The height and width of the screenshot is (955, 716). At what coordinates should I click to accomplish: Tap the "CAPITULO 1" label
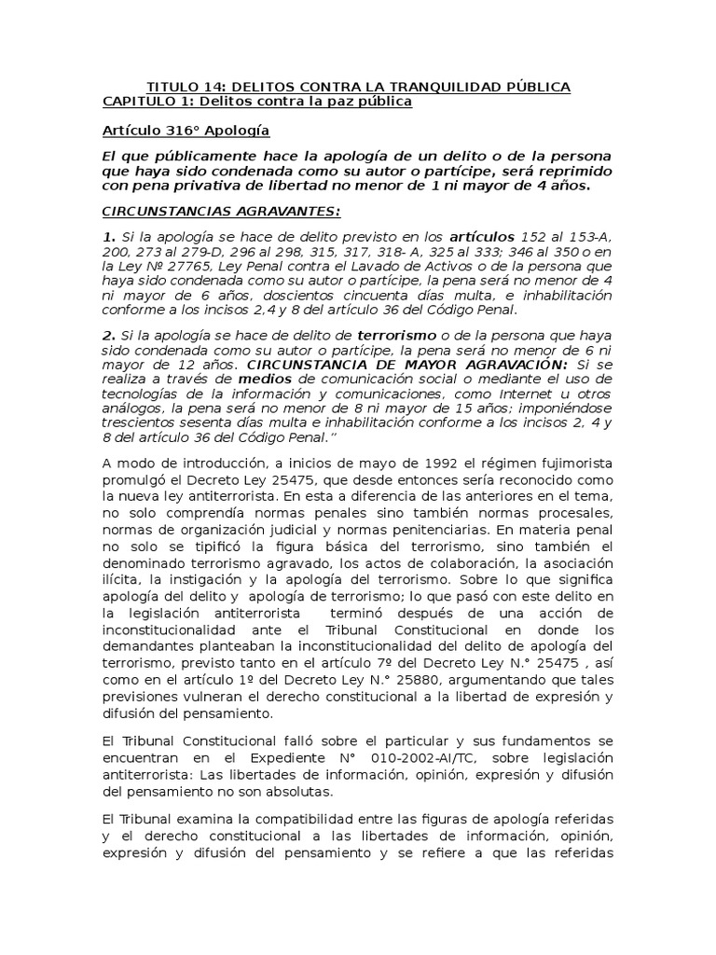pyautogui.click(x=140, y=101)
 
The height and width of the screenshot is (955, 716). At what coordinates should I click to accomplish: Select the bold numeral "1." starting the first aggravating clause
pyautogui.click(x=108, y=239)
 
